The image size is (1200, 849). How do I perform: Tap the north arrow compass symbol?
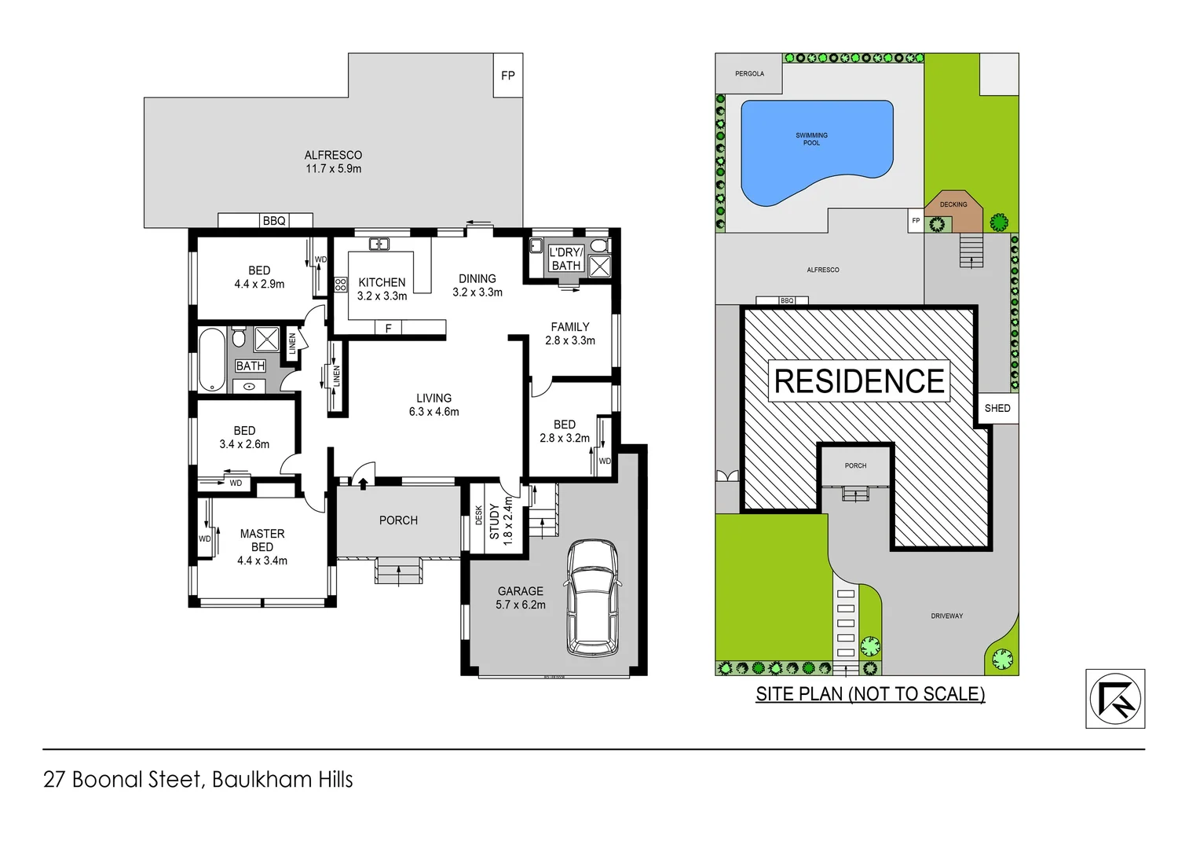pos(1114,699)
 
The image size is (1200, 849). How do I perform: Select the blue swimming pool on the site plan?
pos(816,150)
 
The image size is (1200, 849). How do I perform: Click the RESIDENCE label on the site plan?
pos(859,381)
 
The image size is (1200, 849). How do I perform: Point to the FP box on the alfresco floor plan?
pos(508,75)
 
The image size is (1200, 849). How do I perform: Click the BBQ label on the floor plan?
pos(274,221)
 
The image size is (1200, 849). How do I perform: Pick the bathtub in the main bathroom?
pos(212,360)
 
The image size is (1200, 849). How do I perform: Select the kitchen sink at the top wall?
pos(379,244)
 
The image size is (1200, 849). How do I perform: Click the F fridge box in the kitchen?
pos(388,328)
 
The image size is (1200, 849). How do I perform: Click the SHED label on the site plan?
pos(997,408)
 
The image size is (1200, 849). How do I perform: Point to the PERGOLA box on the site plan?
pos(749,74)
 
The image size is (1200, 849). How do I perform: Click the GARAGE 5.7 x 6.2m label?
pos(520,597)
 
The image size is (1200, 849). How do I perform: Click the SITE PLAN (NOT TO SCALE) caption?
pos(870,694)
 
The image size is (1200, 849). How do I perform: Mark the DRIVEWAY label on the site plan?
pos(946,616)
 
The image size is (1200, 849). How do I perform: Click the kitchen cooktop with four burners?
pos(341,285)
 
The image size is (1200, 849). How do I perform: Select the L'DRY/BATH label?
pos(565,259)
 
